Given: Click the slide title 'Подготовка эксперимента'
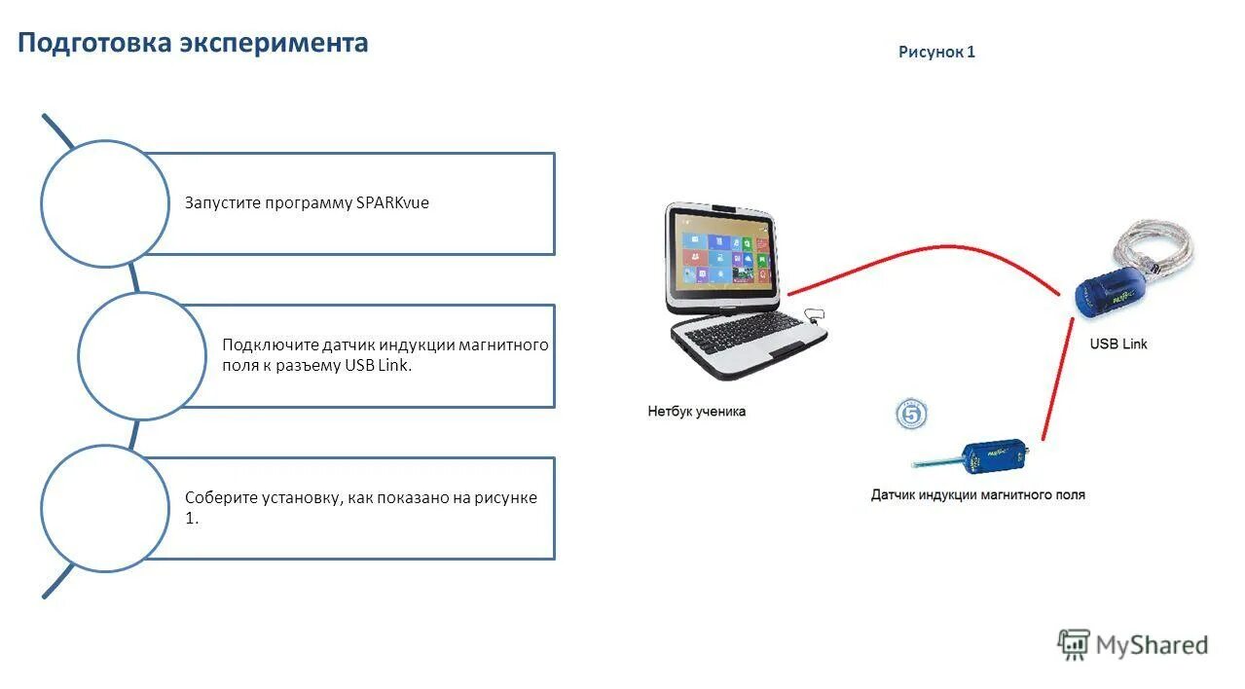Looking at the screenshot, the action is [x=193, y=43].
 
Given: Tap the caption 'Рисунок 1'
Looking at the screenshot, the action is [x=936, y=53].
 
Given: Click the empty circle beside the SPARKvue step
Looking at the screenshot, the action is [x=105, y=203].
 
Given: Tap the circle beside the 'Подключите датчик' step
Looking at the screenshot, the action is [x=142, y=356].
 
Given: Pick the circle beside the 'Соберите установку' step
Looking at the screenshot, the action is [x=105, y=508].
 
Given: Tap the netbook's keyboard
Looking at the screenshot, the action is [x=744, y=336].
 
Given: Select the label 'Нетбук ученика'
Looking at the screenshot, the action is [x=697, y=412].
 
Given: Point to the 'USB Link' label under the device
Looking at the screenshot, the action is [x=1118, y=344].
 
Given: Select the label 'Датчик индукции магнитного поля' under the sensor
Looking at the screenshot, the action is [x=977, y=495].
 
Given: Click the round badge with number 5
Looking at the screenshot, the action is [x=911, y=415].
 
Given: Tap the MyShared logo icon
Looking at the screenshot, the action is [x=1074, y=644].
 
